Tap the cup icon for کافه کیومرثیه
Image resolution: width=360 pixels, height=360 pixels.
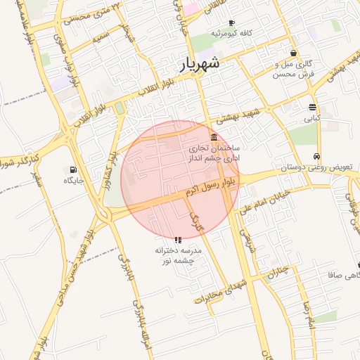point(231,23)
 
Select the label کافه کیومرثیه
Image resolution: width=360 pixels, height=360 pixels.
point(236,34)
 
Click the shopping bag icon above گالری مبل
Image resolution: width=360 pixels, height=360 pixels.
point(293,53)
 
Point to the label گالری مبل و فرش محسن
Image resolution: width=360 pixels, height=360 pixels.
point(292,68)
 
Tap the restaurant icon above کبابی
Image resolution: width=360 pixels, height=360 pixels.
point(312,107)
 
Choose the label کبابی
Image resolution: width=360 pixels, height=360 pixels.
point(311,118)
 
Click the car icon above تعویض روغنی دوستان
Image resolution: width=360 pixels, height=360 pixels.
point(317,156)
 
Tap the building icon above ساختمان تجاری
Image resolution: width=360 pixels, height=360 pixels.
point(214,136)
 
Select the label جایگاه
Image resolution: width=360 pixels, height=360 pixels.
point(74,181)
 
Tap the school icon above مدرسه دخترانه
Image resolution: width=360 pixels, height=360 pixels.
point(177,239)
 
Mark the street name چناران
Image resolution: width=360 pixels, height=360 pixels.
point(278,271)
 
